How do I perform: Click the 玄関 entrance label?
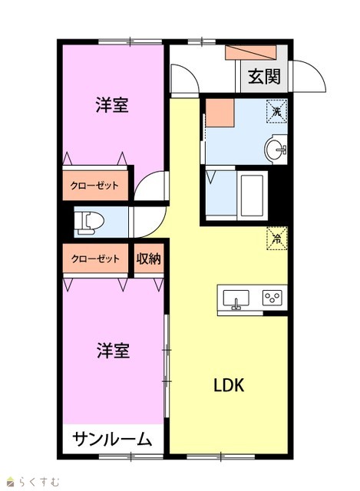(x=264, y=77)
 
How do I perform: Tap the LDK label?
(x=229, y=385)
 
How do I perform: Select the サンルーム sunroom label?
(x=112, y=439)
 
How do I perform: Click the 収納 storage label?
(x=149, y=259)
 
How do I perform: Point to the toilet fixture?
(x=89, y=222)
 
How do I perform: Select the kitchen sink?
(x=236, y=299)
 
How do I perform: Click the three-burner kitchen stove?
(x=272, y=298)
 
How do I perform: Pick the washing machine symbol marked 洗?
(x=276, y=110)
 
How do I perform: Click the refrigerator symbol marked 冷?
(x=276, y=239)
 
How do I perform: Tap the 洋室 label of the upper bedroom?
(x=112, y=104)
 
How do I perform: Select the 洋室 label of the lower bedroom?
(x=113, y=351)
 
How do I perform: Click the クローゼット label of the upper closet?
(x=94, y=186)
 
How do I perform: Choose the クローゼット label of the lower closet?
(x=95, y=259)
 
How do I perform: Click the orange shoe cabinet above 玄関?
(x=251, y=52)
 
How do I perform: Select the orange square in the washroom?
(x=220, y=113)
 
